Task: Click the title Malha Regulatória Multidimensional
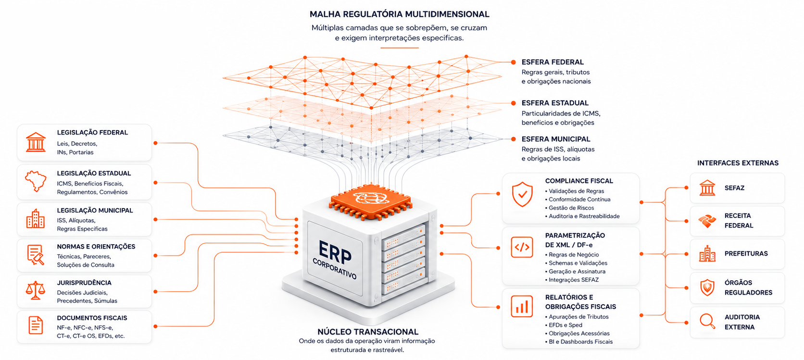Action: [x=400, y=14]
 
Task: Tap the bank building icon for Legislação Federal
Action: [x=36, y=142]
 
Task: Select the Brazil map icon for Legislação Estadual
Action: [x=36, y=181]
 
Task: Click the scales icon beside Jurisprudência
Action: [x=36, y=290]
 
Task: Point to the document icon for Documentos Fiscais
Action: [x=36, y=325]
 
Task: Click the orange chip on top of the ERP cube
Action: [x=370, y=201]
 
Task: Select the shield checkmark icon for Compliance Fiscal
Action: [x=522, y=194]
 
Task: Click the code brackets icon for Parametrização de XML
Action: [x=522, y=247]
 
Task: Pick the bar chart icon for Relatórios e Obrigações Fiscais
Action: [x=522, y=306]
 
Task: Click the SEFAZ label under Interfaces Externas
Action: [x=734, y=188]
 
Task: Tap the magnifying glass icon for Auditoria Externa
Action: [x=707, y=321]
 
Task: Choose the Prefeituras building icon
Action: [x=707, y=254]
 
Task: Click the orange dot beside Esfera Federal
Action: [x=514, y=62]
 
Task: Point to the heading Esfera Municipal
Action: [x=556, y=139]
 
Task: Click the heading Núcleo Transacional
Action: [x=368, y=332]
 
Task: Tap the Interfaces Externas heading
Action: [x=738, y=163]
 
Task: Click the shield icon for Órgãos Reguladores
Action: [x=707, y=287]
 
